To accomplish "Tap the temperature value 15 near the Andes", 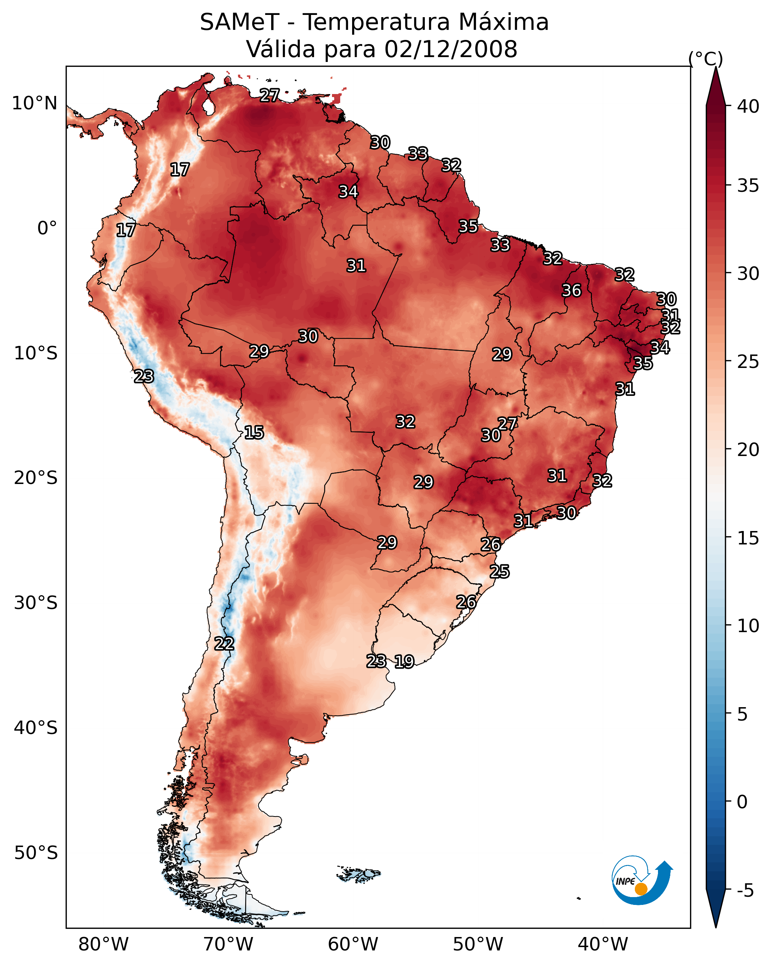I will (254, 432).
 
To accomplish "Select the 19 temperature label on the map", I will (404, 662).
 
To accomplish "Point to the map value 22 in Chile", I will (224, 644).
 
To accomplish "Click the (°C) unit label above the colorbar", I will (706, 59).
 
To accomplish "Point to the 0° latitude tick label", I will (47, 228).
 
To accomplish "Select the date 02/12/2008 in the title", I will (451, 49).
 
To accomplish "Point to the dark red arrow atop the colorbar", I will (715, 87).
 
